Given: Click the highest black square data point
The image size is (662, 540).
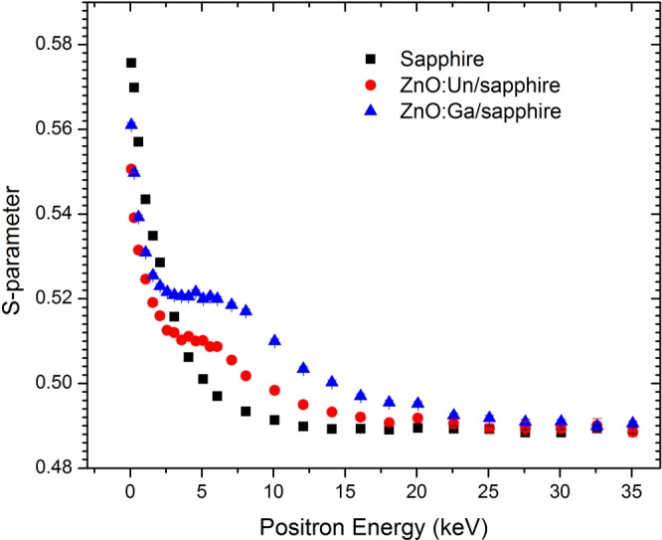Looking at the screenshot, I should [131, 63].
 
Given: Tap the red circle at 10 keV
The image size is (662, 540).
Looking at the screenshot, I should [274, 390].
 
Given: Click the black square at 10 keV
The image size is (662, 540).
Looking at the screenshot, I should [274, 420].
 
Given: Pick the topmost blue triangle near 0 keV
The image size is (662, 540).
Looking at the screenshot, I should [131, 124].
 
